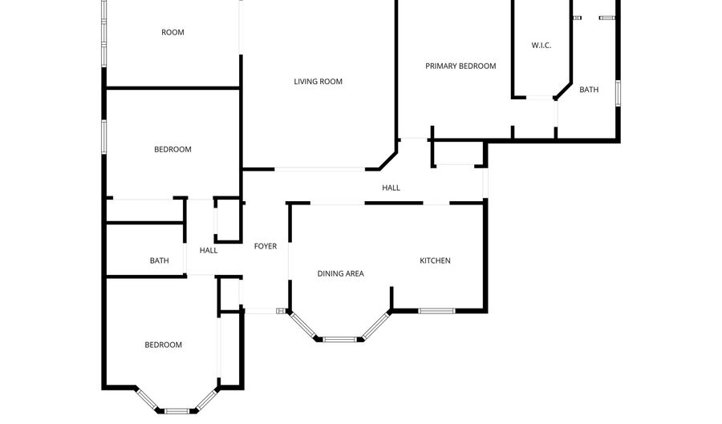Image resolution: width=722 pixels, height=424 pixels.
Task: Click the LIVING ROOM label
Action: pyautogui.click(x=318, y=82)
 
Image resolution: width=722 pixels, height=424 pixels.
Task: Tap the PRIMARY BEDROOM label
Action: pyautogui.click(x=460, y=67)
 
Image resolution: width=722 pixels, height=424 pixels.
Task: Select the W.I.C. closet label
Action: pyautogui.click(x=541, y=46)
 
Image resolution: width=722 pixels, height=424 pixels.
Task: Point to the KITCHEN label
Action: pyautogui.click(x=435, y=260)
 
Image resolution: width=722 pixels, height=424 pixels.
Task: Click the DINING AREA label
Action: pyautogui.click(x=341, y=273)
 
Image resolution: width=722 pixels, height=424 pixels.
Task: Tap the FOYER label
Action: pyautogui.click(x=266, y=247)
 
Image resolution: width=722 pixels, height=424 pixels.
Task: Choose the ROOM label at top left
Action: pyautogui.click(x=172, y=32)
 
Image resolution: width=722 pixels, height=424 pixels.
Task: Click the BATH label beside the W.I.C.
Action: pyautogui.click(x=589, y=90)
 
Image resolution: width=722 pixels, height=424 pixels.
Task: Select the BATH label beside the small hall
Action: pyautogui.click(x=160, y=260)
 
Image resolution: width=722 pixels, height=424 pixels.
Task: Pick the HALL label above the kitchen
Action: pyautogui.click(x=391, y=188)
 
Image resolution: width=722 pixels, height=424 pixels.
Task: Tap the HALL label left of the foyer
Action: pyautogui.click(x=209, y=251)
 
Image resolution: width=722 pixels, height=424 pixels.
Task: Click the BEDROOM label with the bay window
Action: pyautogui.click(x=164, y=345)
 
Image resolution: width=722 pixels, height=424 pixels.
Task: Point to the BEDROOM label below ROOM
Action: pyautogui.click(x=172, y=149)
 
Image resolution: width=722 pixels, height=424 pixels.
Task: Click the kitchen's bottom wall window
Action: pyautogui.click(x=437, y=311)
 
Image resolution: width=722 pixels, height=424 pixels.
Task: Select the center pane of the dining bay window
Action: pyautogui.click(x=339, y=340)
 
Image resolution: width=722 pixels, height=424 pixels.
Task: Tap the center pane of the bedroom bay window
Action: pyautogui.click(x=177, y=411)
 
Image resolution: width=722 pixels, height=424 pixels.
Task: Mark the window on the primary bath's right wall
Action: pyautogui.click(x=618, y=93)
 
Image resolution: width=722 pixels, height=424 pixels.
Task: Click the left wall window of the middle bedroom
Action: pyautogui.click(x=104, y=136)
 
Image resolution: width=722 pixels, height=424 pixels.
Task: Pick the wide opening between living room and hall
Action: pyautogui.click(x=320, y=170)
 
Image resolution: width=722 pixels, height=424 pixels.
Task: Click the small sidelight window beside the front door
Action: pyautogui.click(x=281, y=311)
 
